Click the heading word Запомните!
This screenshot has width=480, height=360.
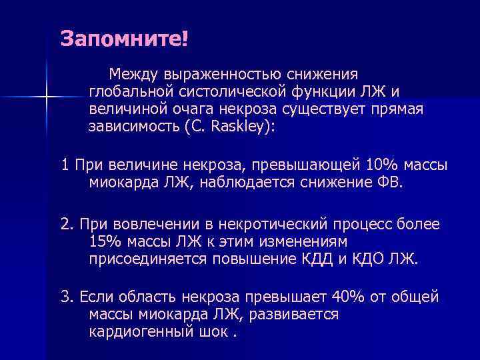pos(125,37)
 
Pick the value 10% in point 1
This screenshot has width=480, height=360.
pos(382,164)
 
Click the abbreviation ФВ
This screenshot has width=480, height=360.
pos(389,183)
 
